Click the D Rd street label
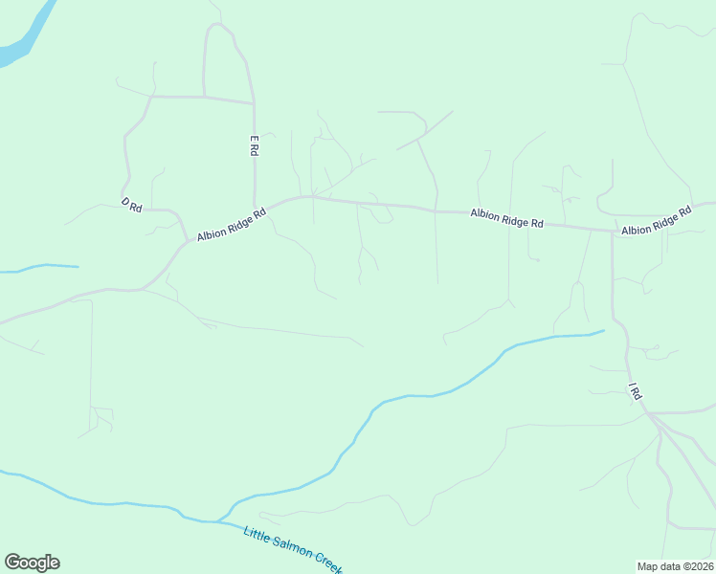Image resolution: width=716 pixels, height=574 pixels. point(131,205)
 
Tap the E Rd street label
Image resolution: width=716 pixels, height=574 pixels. point(255,145)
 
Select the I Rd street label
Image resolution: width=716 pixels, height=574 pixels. point(634,391)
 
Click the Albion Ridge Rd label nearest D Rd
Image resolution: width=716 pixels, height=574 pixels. point(231,225)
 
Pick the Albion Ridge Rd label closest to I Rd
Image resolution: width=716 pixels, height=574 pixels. point(656,223)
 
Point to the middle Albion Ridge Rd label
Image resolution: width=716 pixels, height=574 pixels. point(506,218)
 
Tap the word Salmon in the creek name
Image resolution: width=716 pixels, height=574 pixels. point(293,550)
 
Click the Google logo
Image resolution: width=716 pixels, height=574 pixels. point(32,562)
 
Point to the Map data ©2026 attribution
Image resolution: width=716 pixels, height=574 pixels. point(675,565)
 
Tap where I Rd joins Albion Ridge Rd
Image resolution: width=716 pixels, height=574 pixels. point(613,231)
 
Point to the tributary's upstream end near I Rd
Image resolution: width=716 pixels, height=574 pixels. point(603,331)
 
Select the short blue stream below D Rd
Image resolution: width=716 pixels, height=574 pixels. point(43,267)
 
